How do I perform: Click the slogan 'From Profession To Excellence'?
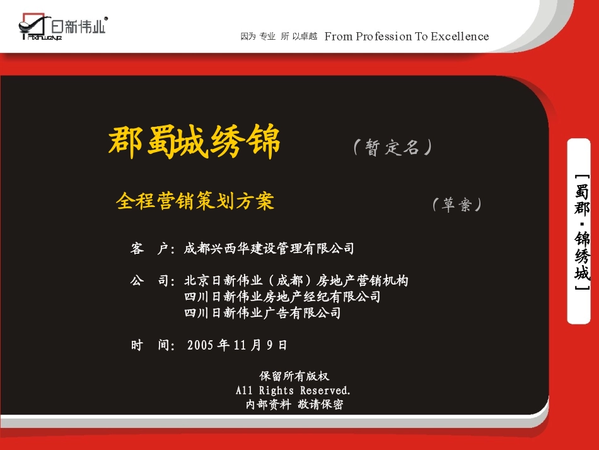click(x=407, y=37)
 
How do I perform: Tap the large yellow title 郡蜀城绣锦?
click(x=195, y=143)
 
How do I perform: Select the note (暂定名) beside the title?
click(x=393, y=148)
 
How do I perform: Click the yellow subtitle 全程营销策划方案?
click(x=195, y=201)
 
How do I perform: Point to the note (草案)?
click(x=457, y=204)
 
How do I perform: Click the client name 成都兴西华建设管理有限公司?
click(x=269, y=249)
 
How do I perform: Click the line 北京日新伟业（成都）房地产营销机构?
click(x=296, y=280)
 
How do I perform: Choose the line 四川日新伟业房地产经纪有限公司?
click(x=282, y=297)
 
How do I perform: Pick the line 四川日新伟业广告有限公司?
click(x=262, y=312)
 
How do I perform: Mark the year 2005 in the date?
click(x=201, y=345)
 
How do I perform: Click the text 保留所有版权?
click(x=294, y=376)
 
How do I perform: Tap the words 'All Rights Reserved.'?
click(x=293, y=391)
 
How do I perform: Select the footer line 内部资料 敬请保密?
click(x=294, y=405)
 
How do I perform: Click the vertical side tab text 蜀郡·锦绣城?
click(x=582, y=231)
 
